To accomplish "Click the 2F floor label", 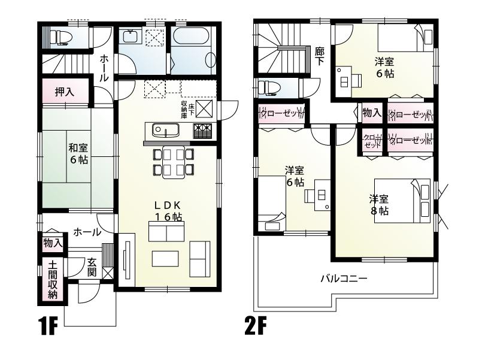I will [x=255, y=327].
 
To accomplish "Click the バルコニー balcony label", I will [x=343, y=279].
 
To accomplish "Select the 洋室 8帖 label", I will [x=379, y=204].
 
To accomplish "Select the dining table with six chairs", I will [x=174, y=161].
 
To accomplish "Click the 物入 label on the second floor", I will [x=372, y=113].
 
